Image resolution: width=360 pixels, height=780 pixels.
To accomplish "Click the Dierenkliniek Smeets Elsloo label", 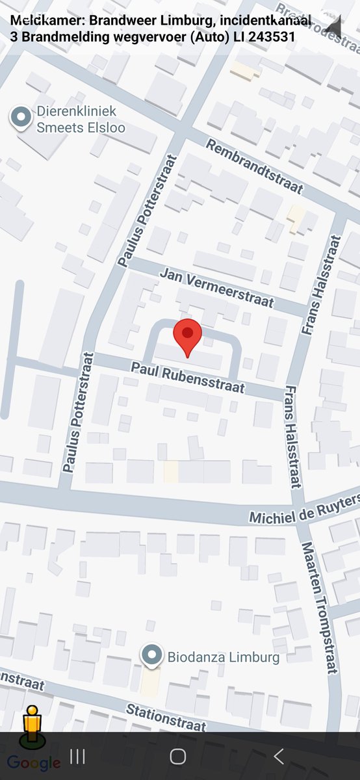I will [81, 120].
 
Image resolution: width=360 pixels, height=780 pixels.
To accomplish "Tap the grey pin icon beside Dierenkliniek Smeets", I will [21, 118].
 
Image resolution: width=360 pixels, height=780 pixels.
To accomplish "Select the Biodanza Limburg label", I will [224, 657].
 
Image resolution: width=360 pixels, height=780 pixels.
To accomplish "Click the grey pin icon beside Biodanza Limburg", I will [153, 656].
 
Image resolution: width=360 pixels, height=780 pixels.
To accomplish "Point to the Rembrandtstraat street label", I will [255, 166].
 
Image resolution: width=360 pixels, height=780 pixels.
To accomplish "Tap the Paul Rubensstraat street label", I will [188, 378].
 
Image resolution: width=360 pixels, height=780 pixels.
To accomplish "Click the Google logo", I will [34, 763].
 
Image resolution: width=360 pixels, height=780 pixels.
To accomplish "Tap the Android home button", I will [178, 756].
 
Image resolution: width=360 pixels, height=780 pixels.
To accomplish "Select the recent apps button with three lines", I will [77, 756].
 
